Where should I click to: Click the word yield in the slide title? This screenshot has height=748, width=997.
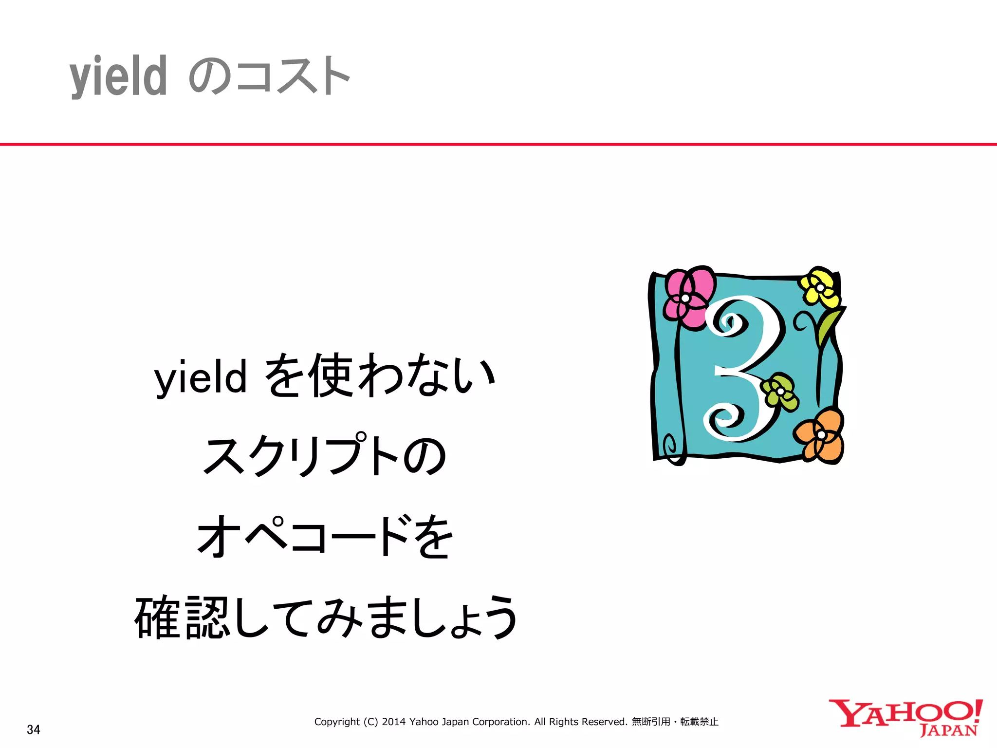(x=118, y=77)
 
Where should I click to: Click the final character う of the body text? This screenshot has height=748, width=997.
(x=498, y=617)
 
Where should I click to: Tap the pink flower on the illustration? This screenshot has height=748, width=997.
(x=688, y=296)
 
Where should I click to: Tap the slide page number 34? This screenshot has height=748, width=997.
(x=34, y=729)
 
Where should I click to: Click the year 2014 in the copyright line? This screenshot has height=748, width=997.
(x=393, y=722)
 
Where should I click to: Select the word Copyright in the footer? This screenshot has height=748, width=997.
(x=337, y=722)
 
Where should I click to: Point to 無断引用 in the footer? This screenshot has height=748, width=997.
(x=651, y=722)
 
